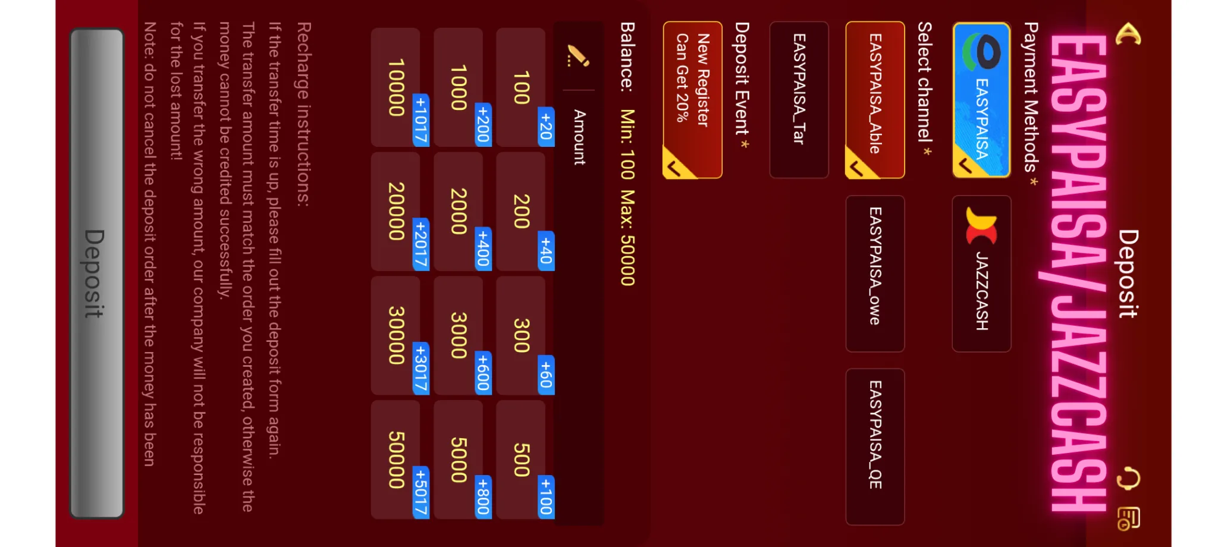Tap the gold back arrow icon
pyautogui.click(x=1128, y=34)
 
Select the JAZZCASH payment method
pyautogui.click(x=981, y=273)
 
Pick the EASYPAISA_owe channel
pyautogui.click(x=875, y=273)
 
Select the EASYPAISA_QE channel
pyautogui.click(x=875, y=447)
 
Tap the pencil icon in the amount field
pyautogui.click(x=577, y=56)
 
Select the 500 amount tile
pyautogui.click(x=521, y=460)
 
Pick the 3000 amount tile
pyautogui.click(x=459, y=335)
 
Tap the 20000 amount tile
pyautogui.click(x=396, y=211)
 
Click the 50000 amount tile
pyautogui.click(x=396, y=460)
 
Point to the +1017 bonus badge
pyautogui.click(x=421, y=120)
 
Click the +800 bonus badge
pyautogui.click(x=484, y=495)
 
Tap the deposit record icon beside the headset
pyautogui.click(x=1128, y=518)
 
